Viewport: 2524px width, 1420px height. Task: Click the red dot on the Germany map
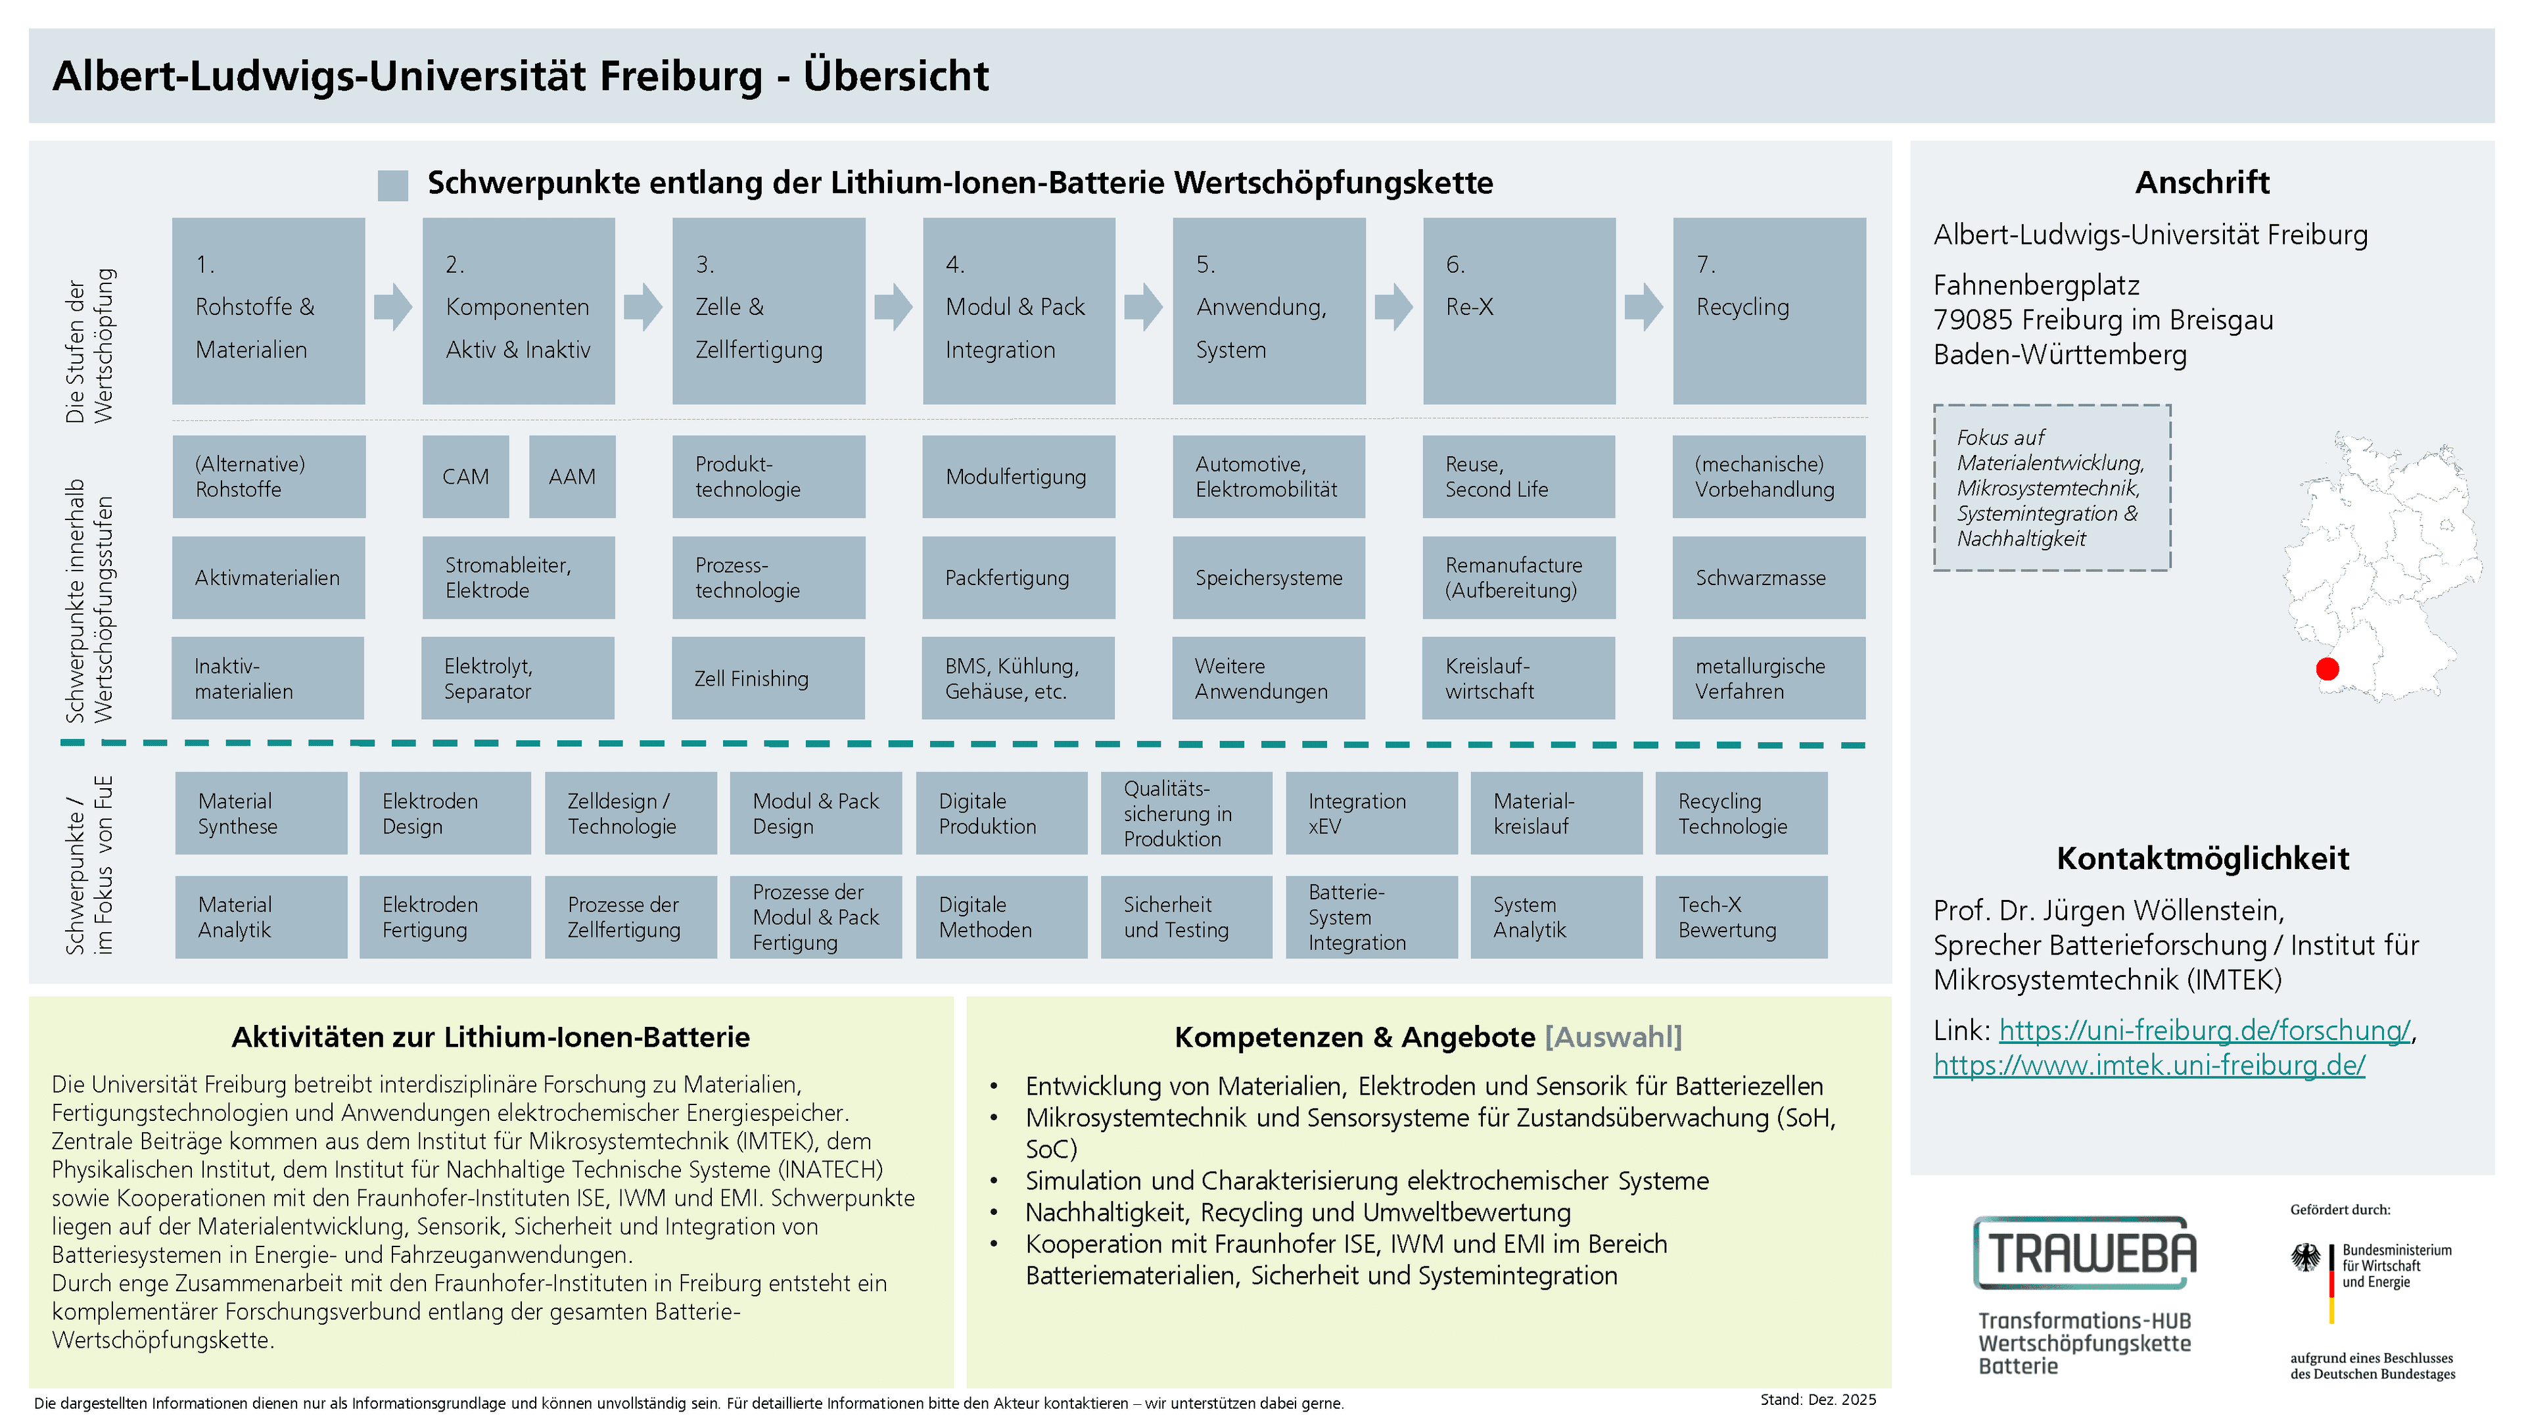click(2327, 669)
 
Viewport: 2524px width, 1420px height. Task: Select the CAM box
click(465, 476)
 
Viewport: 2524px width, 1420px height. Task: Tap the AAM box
click(573, 476)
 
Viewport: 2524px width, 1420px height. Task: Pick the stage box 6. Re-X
click(1519, 311)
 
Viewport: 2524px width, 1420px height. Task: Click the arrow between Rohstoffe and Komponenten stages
click(393, 307)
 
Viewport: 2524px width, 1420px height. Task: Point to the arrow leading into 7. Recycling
click(1643, 307)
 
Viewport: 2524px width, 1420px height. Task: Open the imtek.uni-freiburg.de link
click(2149, 1064)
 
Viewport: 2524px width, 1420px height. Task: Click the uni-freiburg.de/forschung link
click(2204, 1030)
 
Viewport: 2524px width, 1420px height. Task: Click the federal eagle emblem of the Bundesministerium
click(2306, 1258)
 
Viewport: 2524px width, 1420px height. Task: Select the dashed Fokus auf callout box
click(2051, 487)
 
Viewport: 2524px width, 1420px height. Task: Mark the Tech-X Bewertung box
click(1741, 917)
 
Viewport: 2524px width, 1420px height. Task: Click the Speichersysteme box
click(1269, 577)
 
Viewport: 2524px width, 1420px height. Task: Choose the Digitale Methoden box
click(1001, 917)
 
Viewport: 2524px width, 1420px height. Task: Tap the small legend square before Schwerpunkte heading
click(393, 185)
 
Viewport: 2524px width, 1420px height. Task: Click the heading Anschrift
click(2202, 182)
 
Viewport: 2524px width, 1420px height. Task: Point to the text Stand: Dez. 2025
click(1817, 1400)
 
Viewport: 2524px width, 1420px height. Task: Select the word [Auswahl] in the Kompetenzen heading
click(1613, 1037)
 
